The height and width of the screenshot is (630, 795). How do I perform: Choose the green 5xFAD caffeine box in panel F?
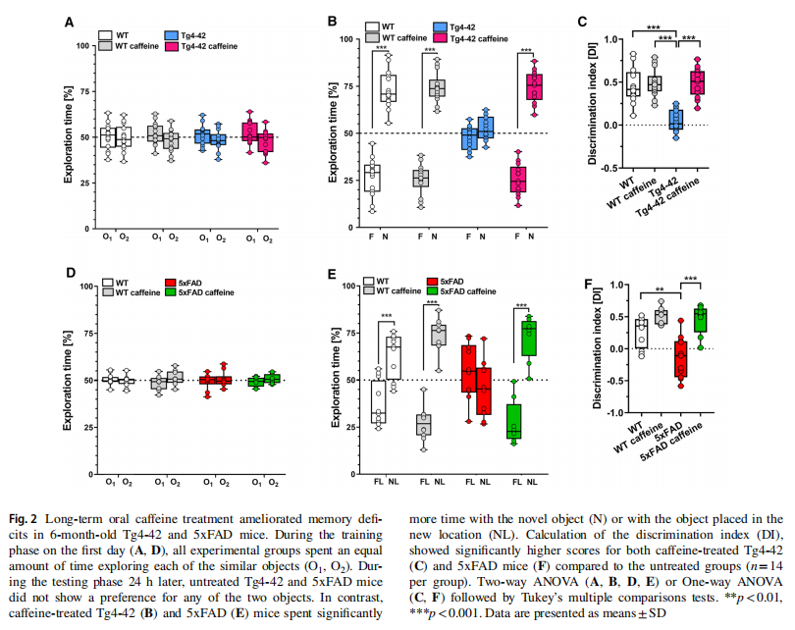click(x=699, y=319)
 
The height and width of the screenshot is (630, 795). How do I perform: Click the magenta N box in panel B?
click(x=534, y=86)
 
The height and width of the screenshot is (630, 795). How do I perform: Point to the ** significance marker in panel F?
click(x=662, y=289)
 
